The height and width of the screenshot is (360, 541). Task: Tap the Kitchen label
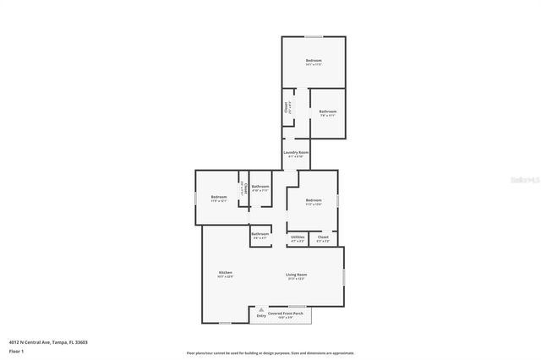pos(226,272)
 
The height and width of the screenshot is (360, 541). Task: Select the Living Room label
pos(296,275)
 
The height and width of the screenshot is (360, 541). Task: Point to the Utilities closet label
pos(298,237)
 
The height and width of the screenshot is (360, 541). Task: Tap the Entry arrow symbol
pos(261,309)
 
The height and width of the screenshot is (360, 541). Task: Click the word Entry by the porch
pos(261,315)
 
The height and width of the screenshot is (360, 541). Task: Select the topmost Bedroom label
pos(314,60)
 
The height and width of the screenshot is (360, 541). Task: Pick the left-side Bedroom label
pos(219,197)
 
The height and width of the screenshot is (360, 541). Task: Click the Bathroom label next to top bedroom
pos(328,112)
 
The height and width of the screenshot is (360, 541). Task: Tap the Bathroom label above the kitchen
pos(260,233)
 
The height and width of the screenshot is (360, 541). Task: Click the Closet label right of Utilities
pos(323,237)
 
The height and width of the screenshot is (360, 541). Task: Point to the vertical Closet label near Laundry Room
pos(287,107)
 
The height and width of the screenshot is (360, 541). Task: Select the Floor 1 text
pos(17,350)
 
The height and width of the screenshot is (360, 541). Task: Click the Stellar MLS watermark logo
pos(521,180)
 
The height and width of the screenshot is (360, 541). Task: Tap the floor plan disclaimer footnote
pos(270,353)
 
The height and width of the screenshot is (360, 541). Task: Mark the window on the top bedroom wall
pos(314,36)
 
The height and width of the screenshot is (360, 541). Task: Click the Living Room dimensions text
pos(296,279)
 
